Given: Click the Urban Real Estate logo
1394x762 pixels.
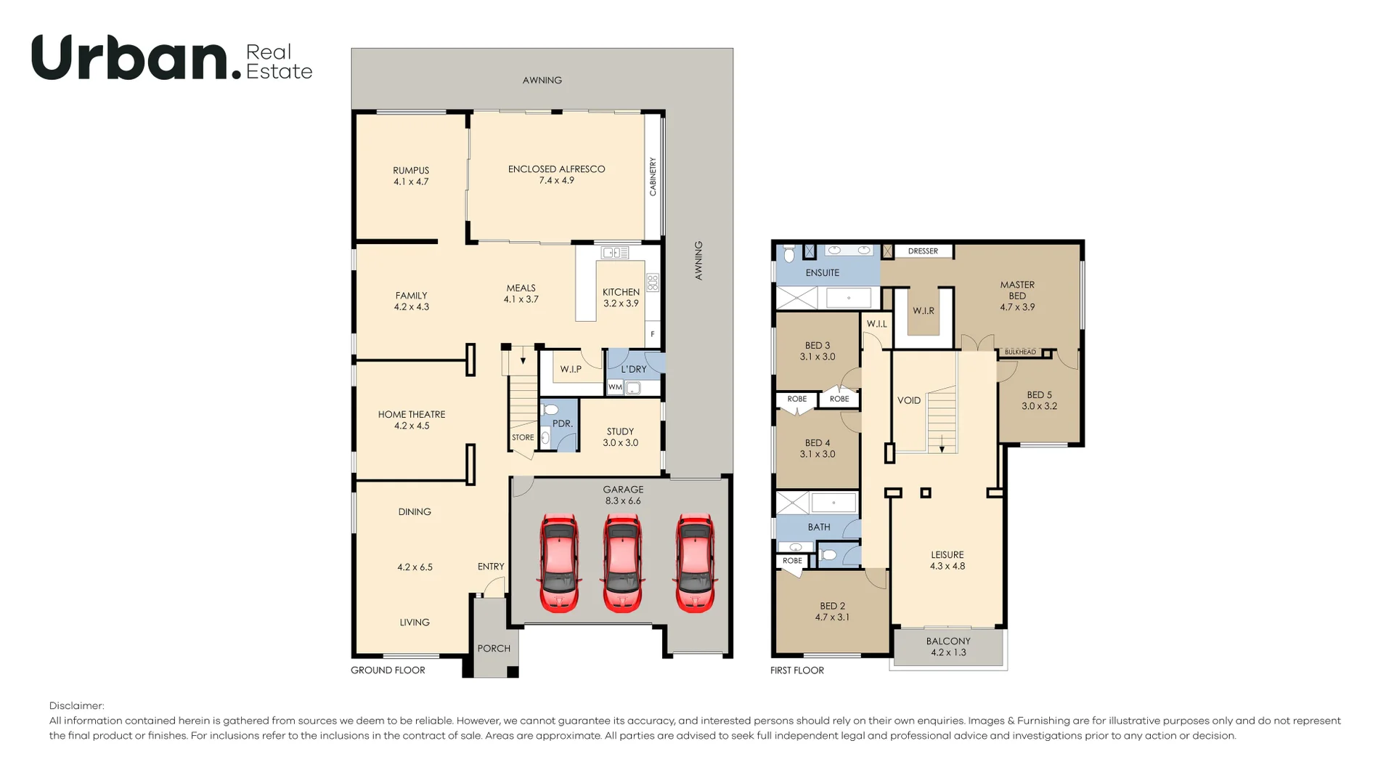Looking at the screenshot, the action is [172, 57].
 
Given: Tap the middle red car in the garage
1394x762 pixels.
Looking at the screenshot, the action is [622, 563].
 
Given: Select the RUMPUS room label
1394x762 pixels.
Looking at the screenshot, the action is [411, 176].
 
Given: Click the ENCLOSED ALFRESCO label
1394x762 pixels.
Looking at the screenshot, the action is [556, 174].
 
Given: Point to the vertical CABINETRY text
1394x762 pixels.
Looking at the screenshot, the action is [653, 177].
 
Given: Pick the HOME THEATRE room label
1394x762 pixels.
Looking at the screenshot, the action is [412, 420].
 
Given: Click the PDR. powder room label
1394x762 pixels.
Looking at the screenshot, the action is [563, 423].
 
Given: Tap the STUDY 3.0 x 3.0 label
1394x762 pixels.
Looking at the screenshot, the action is [620, 437].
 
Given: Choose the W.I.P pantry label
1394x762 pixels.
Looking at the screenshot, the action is [571, 369].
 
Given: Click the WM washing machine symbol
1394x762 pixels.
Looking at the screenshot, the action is [615, 387].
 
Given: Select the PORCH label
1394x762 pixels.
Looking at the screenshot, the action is [494, 649].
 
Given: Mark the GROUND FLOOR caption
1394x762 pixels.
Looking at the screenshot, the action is [388, 670].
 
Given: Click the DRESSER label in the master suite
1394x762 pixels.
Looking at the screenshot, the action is [923, 251].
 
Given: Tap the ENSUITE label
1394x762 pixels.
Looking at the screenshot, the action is [822, 273].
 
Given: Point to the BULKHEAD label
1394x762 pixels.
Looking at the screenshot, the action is [1020, 352].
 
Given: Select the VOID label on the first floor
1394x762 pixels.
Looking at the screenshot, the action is [909, 400].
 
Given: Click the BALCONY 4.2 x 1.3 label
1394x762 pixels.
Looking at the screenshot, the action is [948, 647].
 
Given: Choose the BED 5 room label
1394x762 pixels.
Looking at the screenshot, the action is [1039, 400].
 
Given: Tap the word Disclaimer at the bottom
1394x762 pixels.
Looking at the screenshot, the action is [77, 706].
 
